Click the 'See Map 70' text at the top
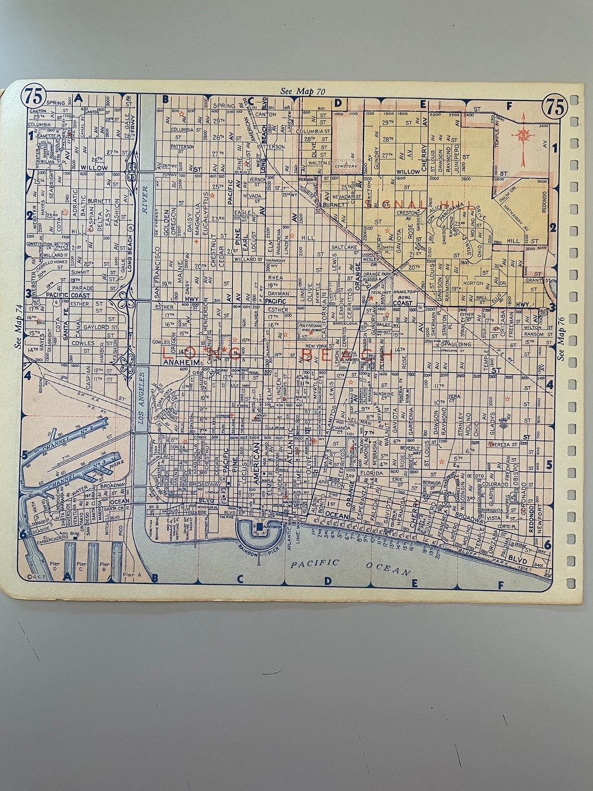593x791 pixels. (x=303, y=91)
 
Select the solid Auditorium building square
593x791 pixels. (x=259, y=528)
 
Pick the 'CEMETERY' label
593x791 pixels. (x=346, y=167)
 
